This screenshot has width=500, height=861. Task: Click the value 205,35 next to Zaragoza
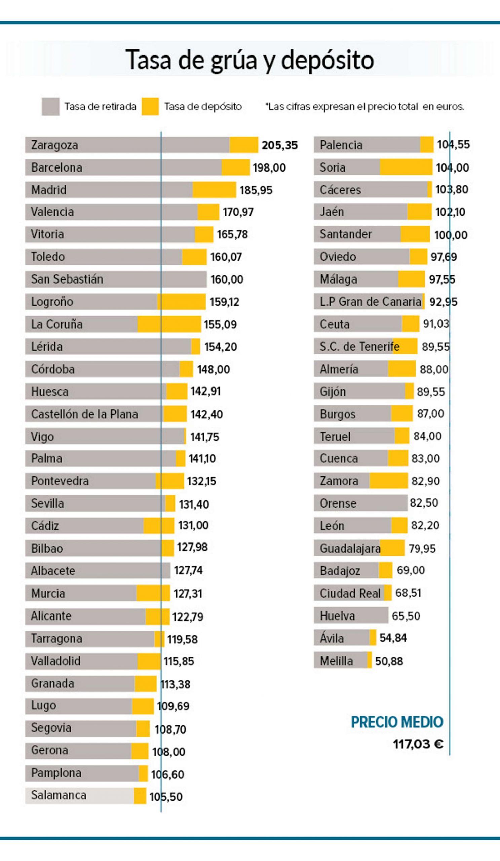point(279,145)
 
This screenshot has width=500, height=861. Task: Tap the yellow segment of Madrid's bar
point(214,190)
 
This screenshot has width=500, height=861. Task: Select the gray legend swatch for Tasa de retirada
point(50,107)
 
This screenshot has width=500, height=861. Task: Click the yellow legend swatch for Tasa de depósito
point(150,107)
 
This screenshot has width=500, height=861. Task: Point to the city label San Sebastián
point(67,279)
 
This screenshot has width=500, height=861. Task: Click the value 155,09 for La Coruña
point(220,324)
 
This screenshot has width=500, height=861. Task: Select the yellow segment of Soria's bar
point(406,167)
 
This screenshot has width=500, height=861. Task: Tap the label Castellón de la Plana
point(84,414)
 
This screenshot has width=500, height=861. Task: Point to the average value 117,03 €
point(418,744)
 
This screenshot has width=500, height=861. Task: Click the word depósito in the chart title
point(327,60)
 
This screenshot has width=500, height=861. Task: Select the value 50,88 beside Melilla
point(389,661)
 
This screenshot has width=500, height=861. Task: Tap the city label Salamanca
point(59,795)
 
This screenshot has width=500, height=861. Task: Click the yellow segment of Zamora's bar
point(388,481)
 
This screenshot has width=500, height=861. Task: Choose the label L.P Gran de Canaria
point(370,302)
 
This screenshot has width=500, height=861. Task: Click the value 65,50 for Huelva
point(406,616)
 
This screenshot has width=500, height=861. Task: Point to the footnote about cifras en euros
point(365,107)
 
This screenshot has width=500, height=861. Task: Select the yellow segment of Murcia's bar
point(153,593)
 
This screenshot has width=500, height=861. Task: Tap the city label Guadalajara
point(350,548)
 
